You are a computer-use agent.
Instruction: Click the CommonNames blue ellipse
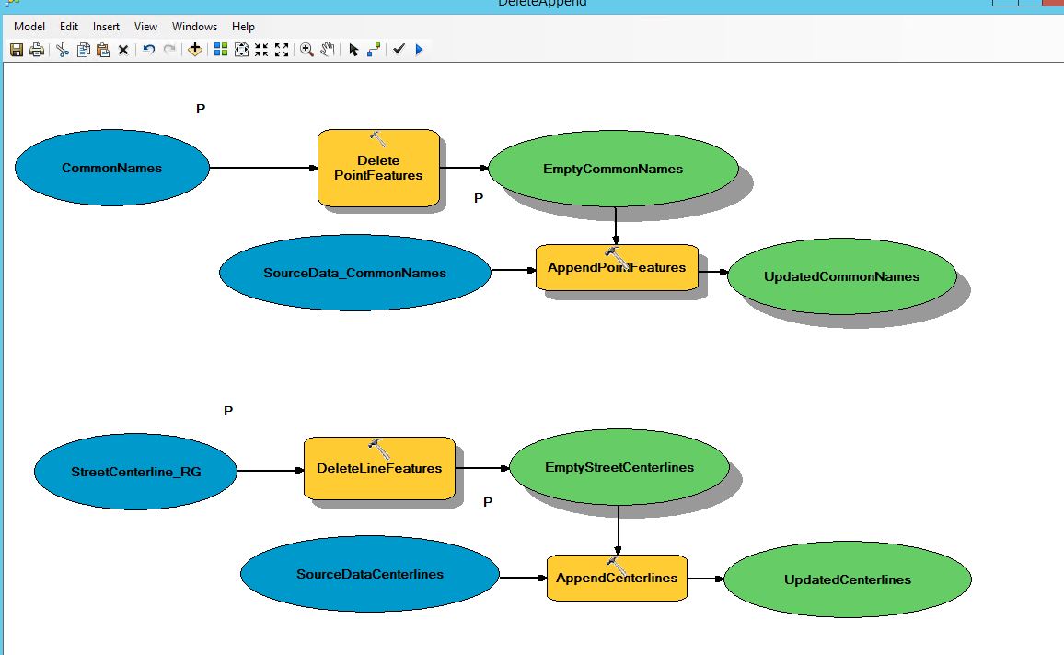[x=112, y=168]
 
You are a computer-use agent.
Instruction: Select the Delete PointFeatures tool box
[x=378, y=168]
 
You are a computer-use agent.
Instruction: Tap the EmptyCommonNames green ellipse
[x=613, y=169]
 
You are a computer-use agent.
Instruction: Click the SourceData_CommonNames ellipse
[x=355, y=273]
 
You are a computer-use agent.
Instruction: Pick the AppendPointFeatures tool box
[x=617, y=268]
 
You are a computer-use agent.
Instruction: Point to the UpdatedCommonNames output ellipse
[x=841, y=276]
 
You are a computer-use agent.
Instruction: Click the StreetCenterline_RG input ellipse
[x=135, y=472]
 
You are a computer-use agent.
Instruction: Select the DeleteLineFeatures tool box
[x=379, y=468]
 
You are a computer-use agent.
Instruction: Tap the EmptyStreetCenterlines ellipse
[x=619, y=467]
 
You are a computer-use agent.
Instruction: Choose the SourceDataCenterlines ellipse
[x=369, y=574]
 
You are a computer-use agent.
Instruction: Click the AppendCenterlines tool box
[x=617, y=579]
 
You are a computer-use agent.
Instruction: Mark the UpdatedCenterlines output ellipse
[x=848, y=579]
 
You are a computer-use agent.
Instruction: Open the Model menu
[x=29, y=27]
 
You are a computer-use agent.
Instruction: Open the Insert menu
[x=106, y=27]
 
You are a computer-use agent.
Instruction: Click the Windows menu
[x=194, y=27]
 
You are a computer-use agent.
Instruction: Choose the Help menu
[x=243, y=27]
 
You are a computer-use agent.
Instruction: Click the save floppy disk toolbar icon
[x=17, y=50]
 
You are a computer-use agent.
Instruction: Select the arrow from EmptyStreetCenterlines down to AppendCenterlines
[x=618, y=530]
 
